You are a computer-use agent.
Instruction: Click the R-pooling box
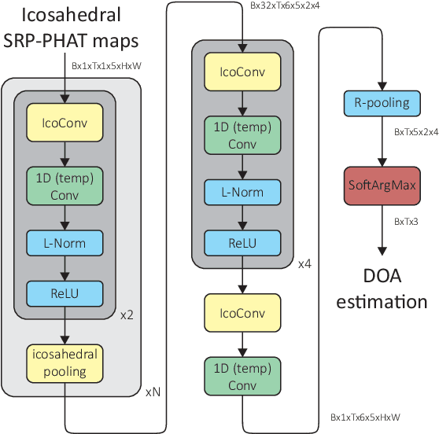tap(381, 103)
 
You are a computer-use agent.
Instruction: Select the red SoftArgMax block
tap(381, 185)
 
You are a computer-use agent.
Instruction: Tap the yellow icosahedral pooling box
tap(66, 361)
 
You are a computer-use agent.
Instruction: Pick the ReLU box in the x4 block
tap(242, 243)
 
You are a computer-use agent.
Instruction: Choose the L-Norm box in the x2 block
tap(66, 243)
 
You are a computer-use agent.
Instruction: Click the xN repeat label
tap(153, 391)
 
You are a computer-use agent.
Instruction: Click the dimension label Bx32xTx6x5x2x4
tap(285, 5)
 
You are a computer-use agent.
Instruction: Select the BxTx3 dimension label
tap(406, 223)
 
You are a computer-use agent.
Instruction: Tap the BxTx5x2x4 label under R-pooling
tap(416, 133)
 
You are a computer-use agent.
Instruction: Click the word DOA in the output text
tap(381, 277)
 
